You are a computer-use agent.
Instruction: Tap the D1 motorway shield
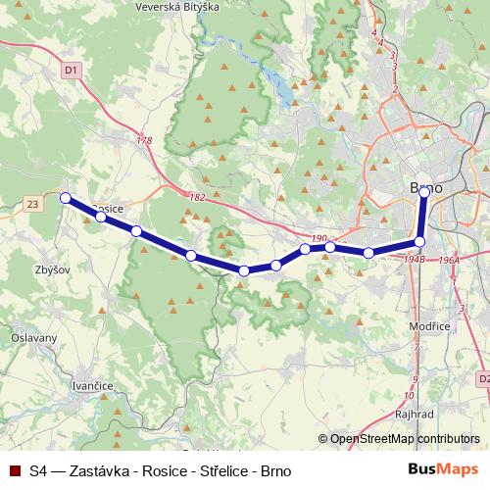(x=70, y=71)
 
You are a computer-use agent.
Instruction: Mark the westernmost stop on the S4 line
(x=66, y=198)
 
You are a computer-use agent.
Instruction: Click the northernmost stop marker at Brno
(x=424, y=192)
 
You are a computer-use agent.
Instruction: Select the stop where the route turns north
(x=419, y=241)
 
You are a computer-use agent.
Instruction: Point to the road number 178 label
(x=146, y=141)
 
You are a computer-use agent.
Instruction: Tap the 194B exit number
(x=415, y=259)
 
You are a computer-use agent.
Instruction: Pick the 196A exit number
(x=450, y=260)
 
